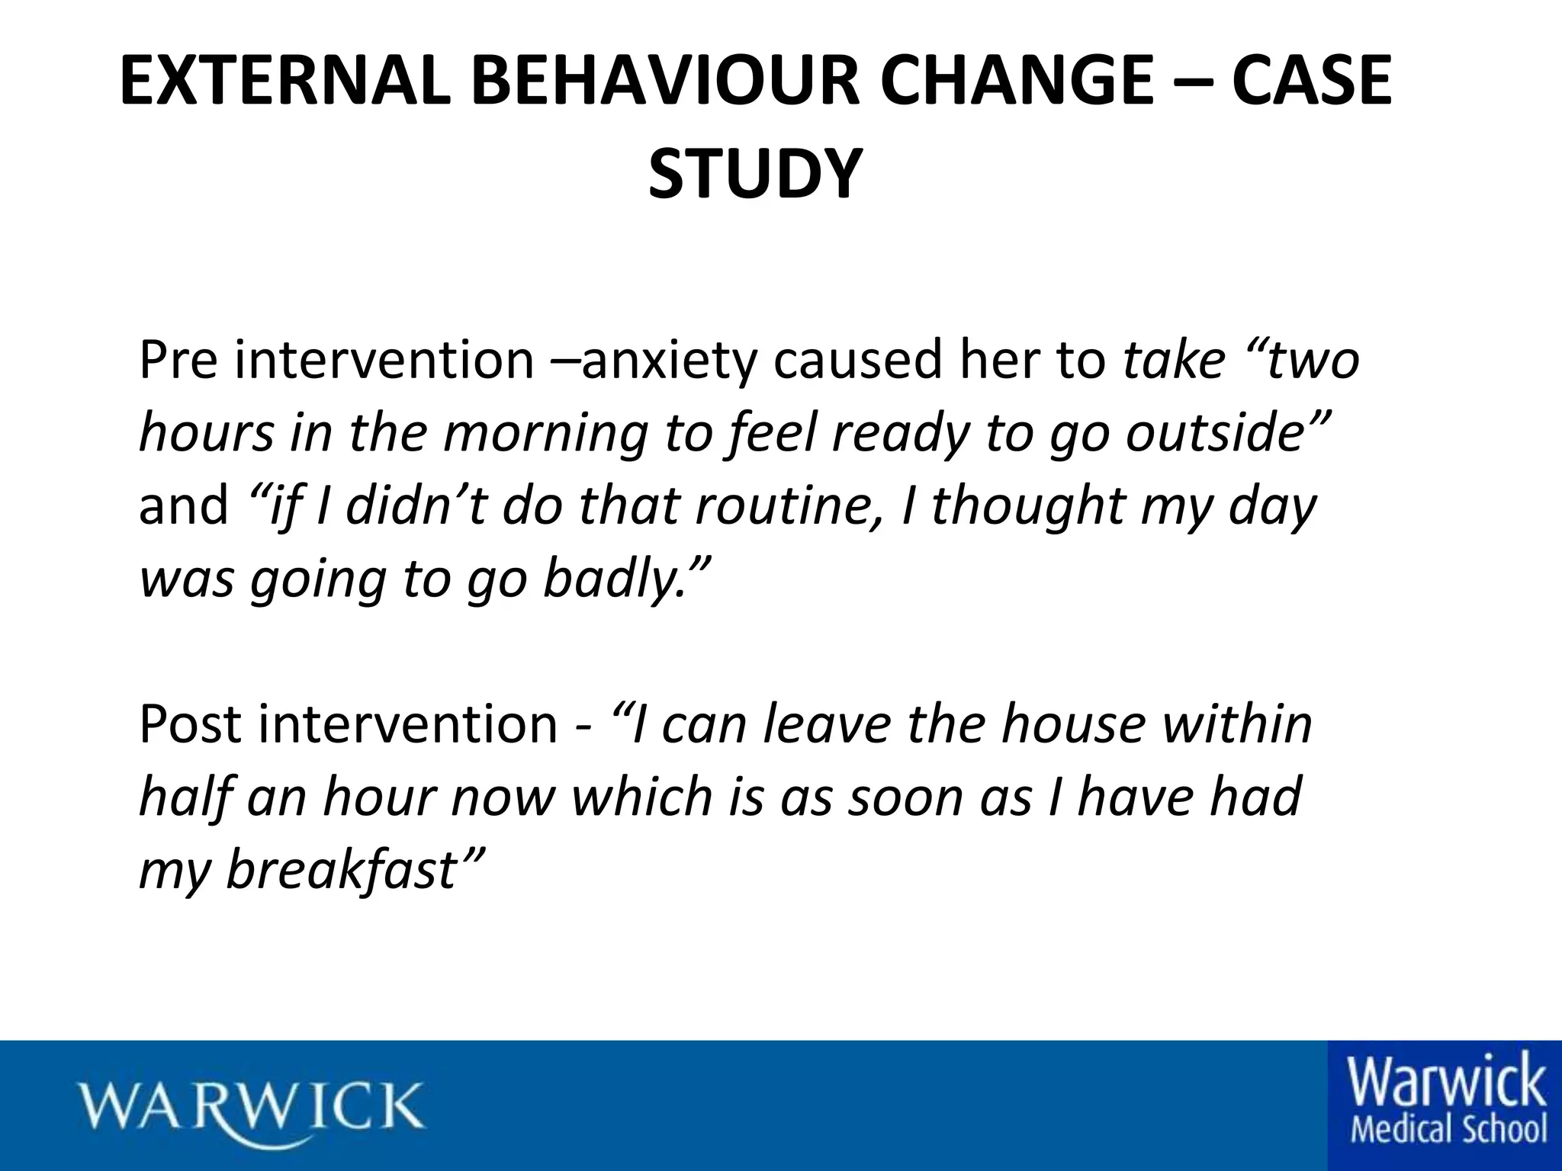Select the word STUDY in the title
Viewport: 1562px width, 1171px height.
(x=755, y=176)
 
